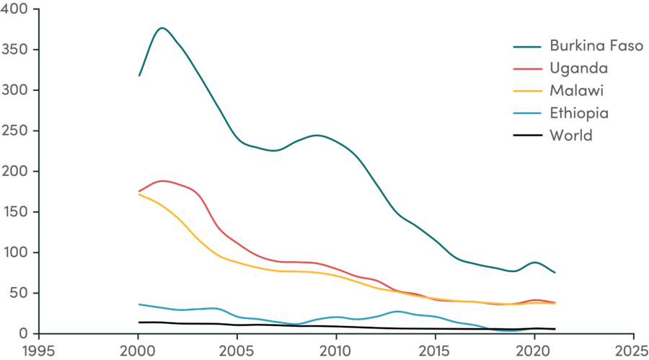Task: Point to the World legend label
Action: [570, 135]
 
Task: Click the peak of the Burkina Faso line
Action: [162, 28]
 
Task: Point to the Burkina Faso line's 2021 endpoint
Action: [555, 273]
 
